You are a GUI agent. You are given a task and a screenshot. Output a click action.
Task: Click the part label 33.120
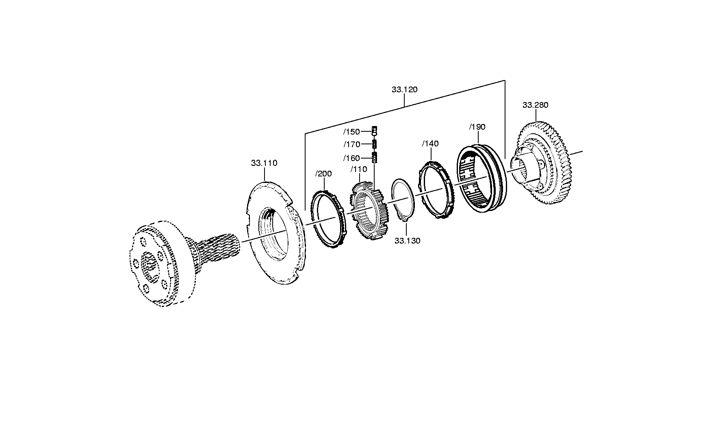(404, 89)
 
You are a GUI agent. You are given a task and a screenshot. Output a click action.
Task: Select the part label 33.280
(535, 105)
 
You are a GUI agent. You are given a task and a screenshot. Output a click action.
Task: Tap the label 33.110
(264, 163)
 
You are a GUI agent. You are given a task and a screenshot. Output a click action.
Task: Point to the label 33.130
(407, 241)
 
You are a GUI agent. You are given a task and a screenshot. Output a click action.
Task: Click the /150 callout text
(351, 132)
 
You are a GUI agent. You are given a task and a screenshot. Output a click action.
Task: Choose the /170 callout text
(351, 144)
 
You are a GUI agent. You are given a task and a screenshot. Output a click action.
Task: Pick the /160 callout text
(351, 158)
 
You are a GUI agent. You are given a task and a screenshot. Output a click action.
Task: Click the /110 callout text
(358, 169)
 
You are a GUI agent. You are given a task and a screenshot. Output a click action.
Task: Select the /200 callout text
(323, 174)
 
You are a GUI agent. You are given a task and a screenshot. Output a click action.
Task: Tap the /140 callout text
(430, 144)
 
